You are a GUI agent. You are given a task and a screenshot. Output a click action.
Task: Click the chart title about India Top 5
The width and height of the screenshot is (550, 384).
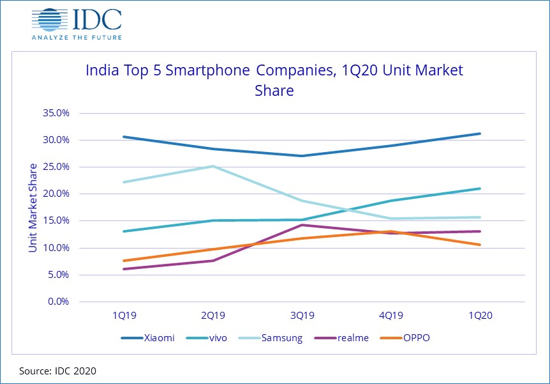pos(274,80)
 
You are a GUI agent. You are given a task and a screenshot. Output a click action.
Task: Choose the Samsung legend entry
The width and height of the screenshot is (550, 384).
pos(278,337)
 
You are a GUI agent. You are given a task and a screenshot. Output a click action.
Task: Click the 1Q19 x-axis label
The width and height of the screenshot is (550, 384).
pos(124,316)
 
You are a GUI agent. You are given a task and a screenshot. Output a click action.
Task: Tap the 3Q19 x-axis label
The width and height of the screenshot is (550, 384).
pos(302,316)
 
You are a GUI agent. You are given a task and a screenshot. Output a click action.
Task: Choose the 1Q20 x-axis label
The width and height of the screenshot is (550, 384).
pos(480,316)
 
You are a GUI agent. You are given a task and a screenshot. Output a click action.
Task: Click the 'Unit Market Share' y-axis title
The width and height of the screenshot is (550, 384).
pos(33,207)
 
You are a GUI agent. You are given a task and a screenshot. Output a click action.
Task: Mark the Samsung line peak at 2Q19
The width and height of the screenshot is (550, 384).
pos(213,166)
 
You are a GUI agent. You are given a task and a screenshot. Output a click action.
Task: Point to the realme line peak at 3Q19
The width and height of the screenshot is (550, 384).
pos(302,225)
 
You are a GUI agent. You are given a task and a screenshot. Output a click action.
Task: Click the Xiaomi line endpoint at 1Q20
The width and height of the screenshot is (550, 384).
pos(480,134)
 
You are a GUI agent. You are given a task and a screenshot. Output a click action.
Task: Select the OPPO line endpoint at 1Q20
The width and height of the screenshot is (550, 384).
pos(480,245)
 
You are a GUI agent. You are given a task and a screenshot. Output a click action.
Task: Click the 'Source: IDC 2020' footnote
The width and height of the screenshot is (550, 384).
pos(57,370)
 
